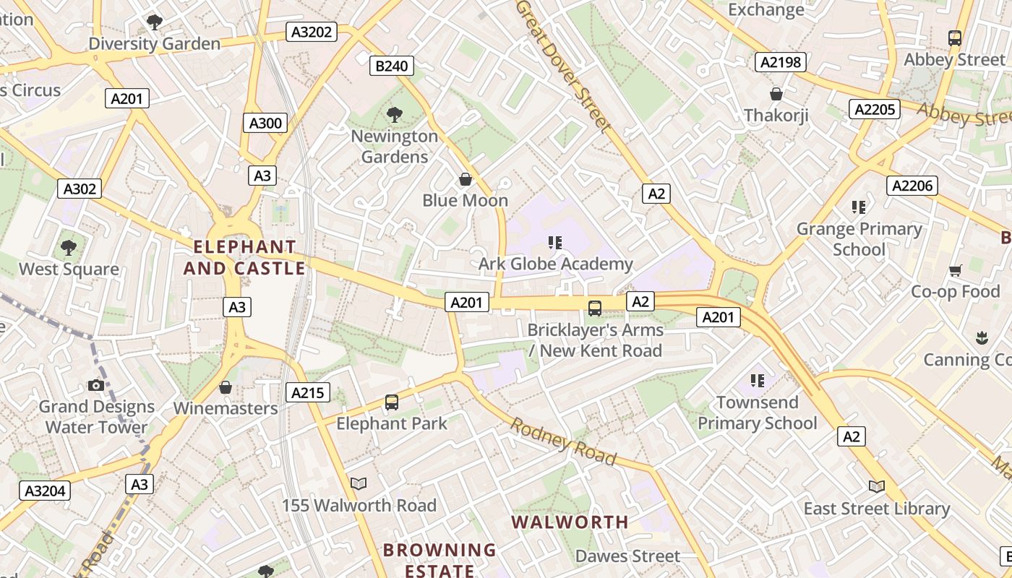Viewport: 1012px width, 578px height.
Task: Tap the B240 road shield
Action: (x=391, y=66)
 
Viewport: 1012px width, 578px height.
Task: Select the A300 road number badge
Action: (x=265, y=123)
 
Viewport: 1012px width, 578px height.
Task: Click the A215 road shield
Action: (x=308, y=392)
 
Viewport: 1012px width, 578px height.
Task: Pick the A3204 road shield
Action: (x=45, y=491)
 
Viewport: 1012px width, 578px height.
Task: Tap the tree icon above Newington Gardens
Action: (x=394, y=114)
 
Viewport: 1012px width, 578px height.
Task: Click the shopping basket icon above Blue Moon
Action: (x=466, y=179)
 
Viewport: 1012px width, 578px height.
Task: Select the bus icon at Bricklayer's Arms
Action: (x=594, y=309)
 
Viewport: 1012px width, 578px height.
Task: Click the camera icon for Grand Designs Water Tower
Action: (x=95, y=385)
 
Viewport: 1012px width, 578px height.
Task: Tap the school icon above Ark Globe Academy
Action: (x=554, y=243)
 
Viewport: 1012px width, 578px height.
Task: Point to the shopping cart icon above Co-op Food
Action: (x=955, y=271)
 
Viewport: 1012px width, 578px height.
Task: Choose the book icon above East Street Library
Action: (x=876, y=487)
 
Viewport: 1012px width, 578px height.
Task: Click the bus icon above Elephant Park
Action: (x=391, y=402)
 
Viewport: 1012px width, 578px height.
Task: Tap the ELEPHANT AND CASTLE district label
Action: (x=244, y=258)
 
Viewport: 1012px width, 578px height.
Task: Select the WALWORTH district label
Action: (x=570, y=522)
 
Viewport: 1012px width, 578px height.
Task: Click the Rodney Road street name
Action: (x=563, y=441)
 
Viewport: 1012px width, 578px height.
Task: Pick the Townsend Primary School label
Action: (x=757, y=413)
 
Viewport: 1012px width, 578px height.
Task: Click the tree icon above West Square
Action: (x=69, y=248)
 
